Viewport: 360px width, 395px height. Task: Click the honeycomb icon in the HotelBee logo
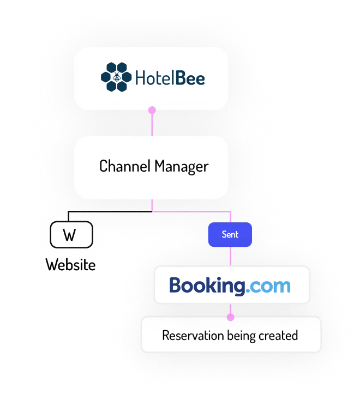click(x=116, y=77)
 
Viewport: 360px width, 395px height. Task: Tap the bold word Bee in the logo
click(x=190, y=78)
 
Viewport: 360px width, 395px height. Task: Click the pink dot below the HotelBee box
click(x=152, y=111)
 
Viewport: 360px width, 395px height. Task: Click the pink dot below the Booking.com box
click(x=230, y=317)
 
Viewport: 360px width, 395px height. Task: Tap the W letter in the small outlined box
click(x=70, y=236)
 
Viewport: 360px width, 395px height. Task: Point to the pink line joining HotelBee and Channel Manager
click(x=152, y=124)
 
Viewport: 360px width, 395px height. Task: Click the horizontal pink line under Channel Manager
click(x=191, y=210)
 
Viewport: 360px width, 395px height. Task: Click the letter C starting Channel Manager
click(x=104, y=166)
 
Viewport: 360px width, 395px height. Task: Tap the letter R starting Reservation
click(x=166, y=335)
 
